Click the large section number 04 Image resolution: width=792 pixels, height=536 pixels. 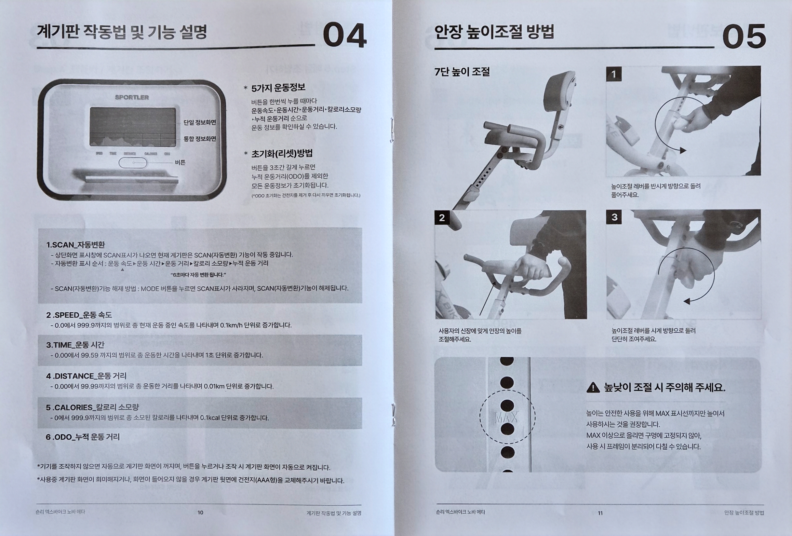point(344,35)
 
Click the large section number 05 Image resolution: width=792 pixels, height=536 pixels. point(744,36)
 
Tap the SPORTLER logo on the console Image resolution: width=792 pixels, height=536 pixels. point(132,97)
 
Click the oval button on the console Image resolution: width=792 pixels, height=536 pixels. point(133,163)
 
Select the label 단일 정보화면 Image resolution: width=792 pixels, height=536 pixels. point(200,122)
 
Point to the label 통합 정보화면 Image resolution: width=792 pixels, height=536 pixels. point(200,139)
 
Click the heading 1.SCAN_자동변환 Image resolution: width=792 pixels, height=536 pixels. point(76,244)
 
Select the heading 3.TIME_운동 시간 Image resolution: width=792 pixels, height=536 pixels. point(75,345)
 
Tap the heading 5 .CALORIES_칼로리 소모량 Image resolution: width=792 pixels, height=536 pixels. point(92,407)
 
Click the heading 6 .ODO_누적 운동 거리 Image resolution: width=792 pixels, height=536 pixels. point(83,437)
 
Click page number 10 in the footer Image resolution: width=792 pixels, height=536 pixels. point(200,513)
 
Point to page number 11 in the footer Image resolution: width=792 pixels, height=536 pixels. point(600,513)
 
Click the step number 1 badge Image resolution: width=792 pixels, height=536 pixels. point(614,74)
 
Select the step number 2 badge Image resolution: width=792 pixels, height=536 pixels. point(442,217)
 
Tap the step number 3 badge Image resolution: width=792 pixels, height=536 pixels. point(614,217)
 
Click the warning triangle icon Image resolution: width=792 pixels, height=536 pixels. point(593,387)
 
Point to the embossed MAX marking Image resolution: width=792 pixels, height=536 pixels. point(506,417)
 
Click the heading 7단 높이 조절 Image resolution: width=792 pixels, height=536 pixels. point(462,72)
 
